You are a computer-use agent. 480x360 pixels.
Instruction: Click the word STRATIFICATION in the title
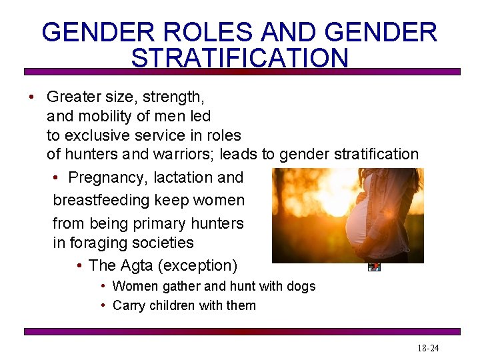[x=240, y=57]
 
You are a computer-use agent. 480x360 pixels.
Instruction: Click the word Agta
[x=137, y=265]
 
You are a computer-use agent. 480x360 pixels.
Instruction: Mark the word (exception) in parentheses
[x=198, y=265]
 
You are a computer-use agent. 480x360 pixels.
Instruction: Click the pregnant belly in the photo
[x=360, y=227]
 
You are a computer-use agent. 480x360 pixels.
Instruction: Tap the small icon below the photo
[x=374, y=267]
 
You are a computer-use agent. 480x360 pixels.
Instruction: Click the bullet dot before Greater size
[x=32, y=97]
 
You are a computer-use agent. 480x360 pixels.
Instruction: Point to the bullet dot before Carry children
[x=103, y=305]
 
